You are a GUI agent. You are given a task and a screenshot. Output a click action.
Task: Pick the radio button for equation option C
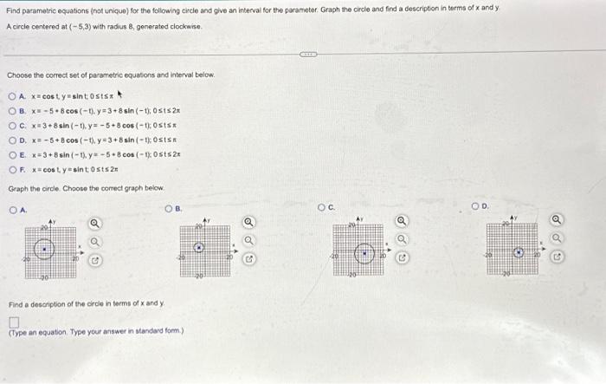13,123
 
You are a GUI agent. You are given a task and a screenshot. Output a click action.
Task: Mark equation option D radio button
13,138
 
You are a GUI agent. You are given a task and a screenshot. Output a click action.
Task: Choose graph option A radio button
13,208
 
